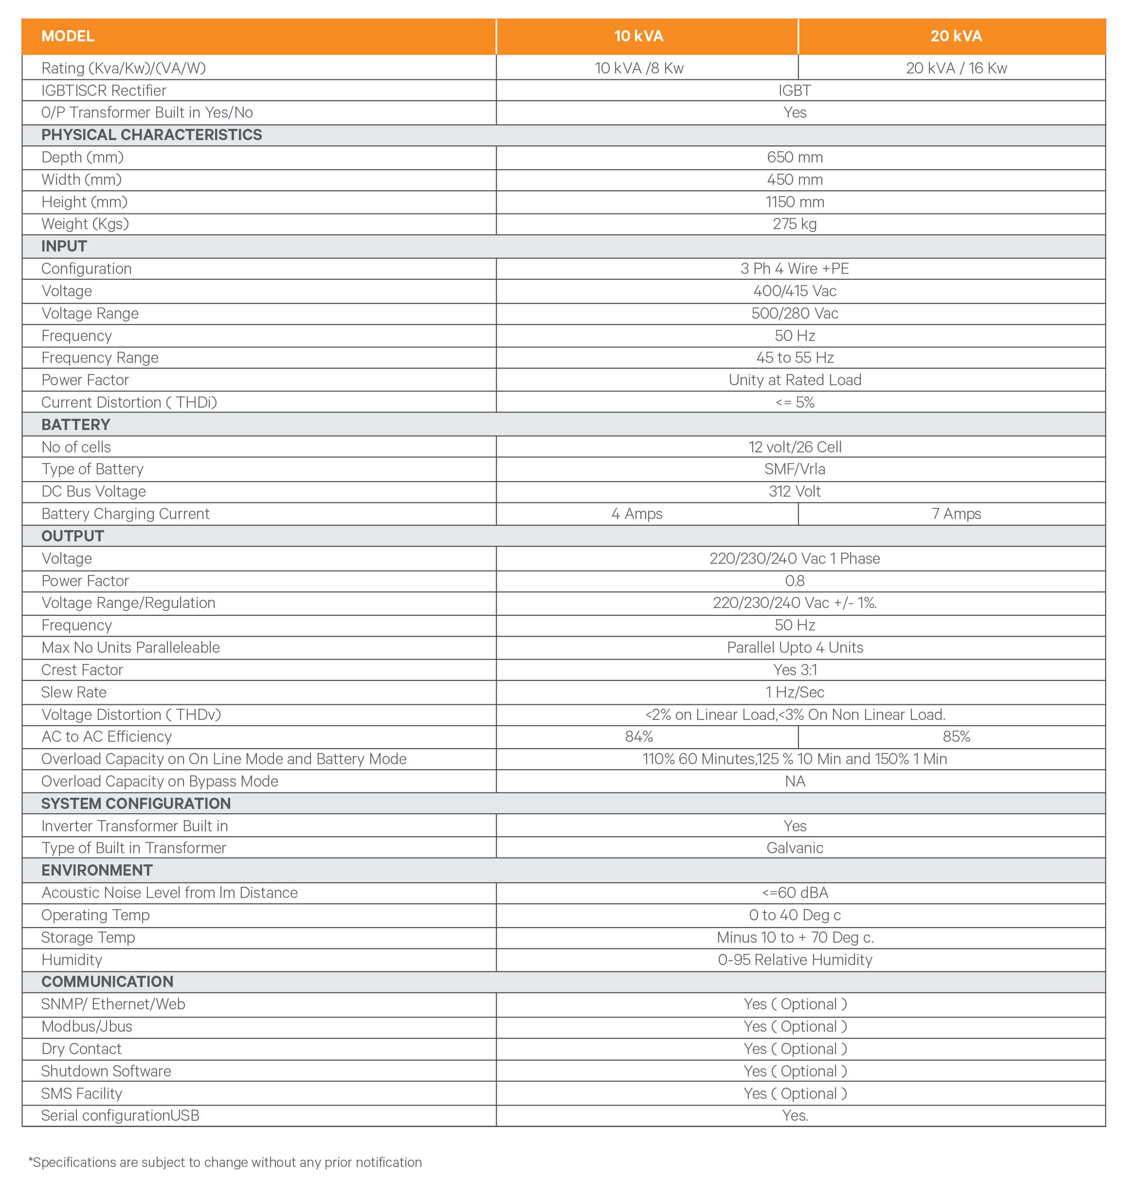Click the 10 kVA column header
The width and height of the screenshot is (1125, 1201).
[638, 36]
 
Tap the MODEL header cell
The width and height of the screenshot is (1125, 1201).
[68, 36]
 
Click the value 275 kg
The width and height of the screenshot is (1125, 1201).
[794, 224]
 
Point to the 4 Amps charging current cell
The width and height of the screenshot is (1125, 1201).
[637, 514]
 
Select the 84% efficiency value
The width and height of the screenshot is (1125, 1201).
[638, 736]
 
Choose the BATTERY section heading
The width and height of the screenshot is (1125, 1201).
[75, 425]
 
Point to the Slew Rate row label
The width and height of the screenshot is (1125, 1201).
[73, 692]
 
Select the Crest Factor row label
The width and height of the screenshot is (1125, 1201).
[82, 670]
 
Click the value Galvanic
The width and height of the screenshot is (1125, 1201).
[794, 848]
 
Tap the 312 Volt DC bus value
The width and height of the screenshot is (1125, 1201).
[794, 492]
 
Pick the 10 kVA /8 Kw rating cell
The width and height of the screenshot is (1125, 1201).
[638, 68]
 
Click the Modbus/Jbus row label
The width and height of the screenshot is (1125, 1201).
[87, 1026]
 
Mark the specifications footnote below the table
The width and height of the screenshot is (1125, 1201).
[225, 1163]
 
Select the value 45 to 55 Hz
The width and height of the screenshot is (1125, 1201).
[794, 358]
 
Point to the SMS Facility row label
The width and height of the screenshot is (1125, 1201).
[82, 1093]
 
